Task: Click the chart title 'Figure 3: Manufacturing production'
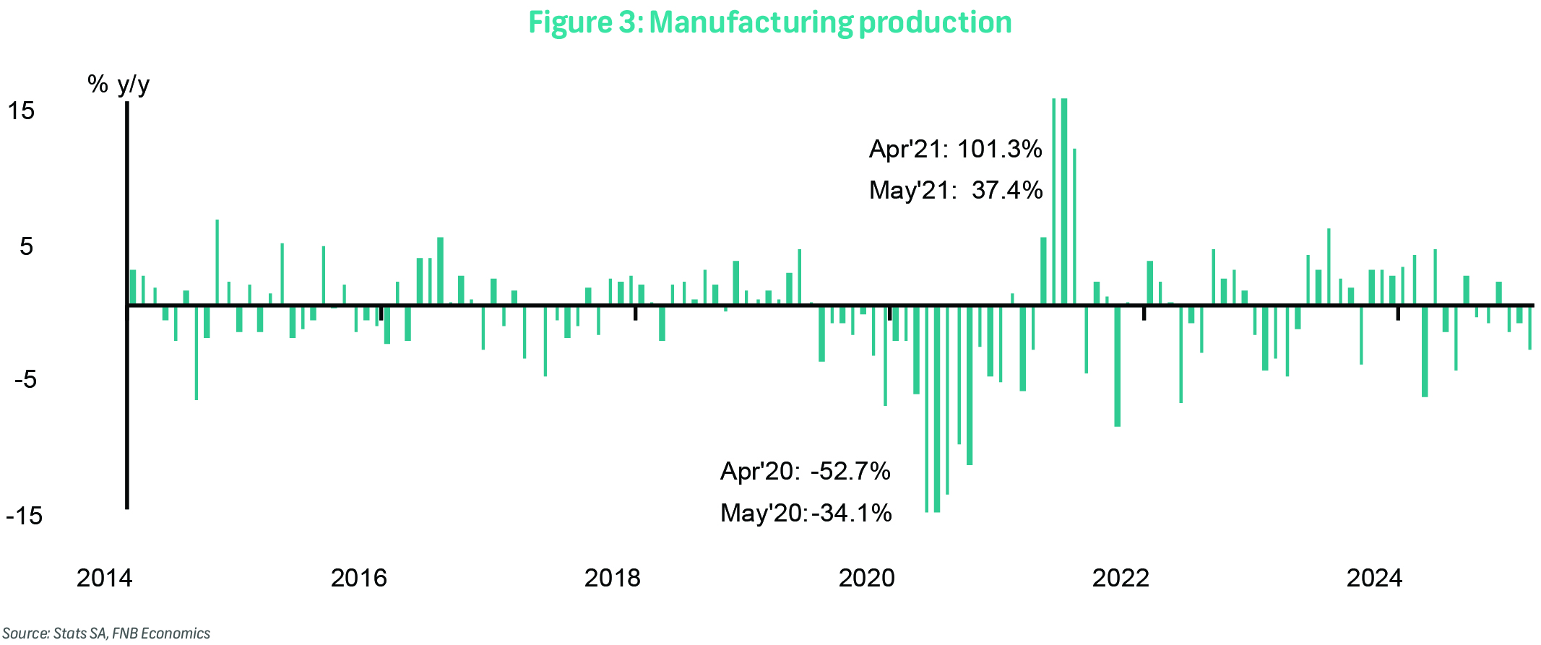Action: [x=769, y=22]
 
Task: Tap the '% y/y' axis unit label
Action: [x=118, y=85]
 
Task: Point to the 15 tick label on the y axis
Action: [x=21, y=111]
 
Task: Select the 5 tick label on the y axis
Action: [x=27, y=247]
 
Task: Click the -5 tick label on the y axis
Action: [x=25, y=379]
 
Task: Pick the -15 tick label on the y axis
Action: [x=24, y=516]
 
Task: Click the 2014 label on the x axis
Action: [x=104, y=578]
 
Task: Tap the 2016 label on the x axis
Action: [x=358, y=578]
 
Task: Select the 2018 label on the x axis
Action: [x=612, y=578]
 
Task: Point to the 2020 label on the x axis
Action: [x=866, y=578]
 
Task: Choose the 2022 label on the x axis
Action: [x=1121, y=578]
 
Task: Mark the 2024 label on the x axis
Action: [x=1374, y=578]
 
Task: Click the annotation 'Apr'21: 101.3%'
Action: [x=955, y=150]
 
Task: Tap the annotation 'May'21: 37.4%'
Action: [x=955, y=191]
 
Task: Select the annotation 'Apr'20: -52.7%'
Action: [x=805, y=472]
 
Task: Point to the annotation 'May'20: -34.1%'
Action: [x=806, y=513]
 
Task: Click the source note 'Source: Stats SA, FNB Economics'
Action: [x=106, y=633]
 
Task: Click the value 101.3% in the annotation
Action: [x=999, y=150]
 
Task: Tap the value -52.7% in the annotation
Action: [x=850, y=472]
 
